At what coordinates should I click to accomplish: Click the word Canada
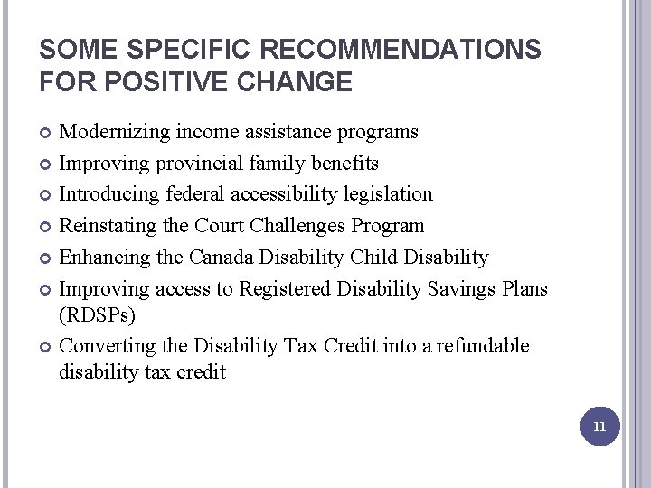(x=222, y=258)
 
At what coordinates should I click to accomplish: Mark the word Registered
(x=284, y=288)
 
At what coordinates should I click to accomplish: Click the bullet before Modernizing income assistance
(x=45, y=133)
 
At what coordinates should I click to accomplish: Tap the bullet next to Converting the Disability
(x=45, y=347)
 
